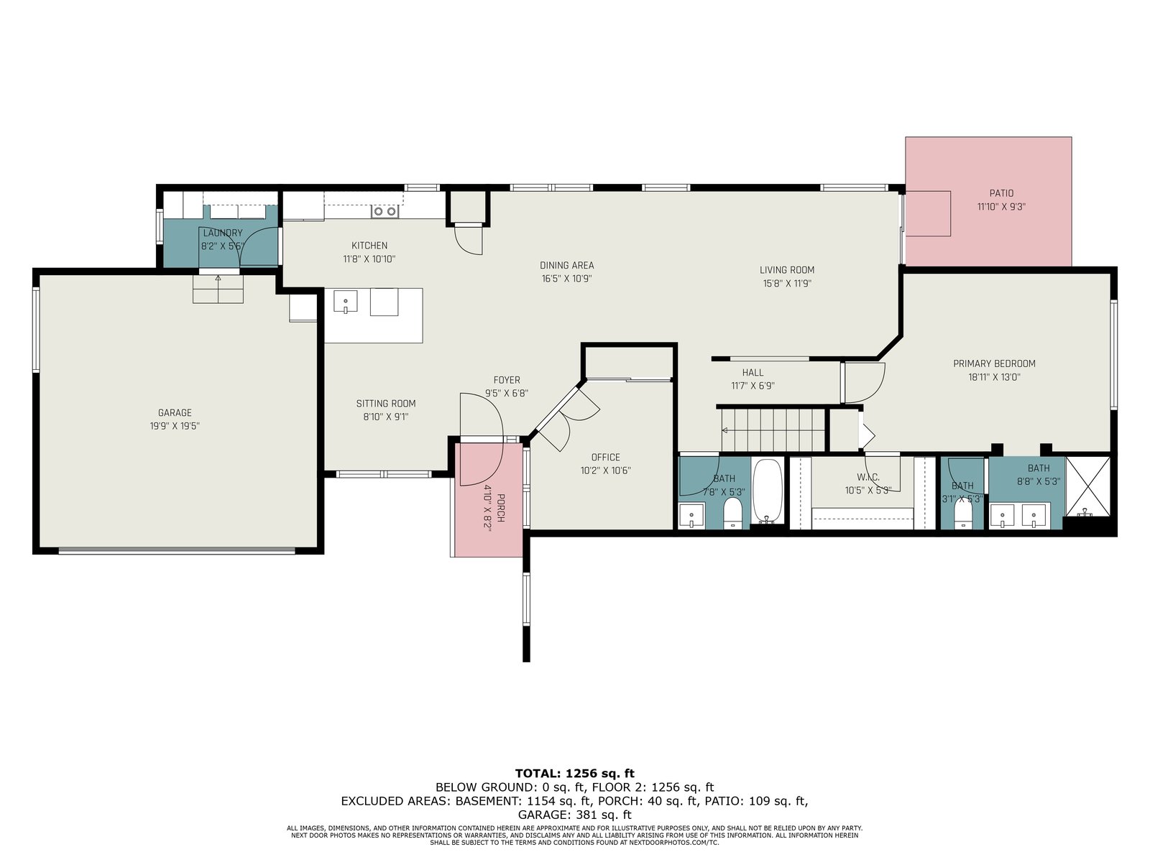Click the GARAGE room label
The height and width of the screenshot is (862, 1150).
[x=175, y=412]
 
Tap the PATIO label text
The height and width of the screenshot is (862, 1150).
[x=1001, y=193]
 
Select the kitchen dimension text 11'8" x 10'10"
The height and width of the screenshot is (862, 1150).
[x=369, y=259]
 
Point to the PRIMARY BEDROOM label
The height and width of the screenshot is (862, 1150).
[x=994, y=363]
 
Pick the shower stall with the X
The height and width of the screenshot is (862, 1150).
[x=1087, y=486]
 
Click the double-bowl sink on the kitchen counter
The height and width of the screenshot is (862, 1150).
[x=385, y=211]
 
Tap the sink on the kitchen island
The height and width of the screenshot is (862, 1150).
[x=345, y=302]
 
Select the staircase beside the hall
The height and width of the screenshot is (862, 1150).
[x=773, y=430]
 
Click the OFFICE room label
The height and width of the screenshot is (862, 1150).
[x=605, y=457]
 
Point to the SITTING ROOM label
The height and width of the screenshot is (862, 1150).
[x=385, y=404]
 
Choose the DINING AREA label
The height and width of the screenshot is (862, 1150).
[x=567, y=265]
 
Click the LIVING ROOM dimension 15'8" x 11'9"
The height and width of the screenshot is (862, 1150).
[x=787, y=284]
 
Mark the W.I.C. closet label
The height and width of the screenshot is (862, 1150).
[x=868, y=477]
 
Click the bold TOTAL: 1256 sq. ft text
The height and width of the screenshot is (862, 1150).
[x=575, y=774]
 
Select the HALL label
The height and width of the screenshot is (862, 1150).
[x=753, y=373]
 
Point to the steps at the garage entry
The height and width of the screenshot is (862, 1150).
[x=218, y=289]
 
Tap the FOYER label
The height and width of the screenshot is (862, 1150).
[x=507, y=380]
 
